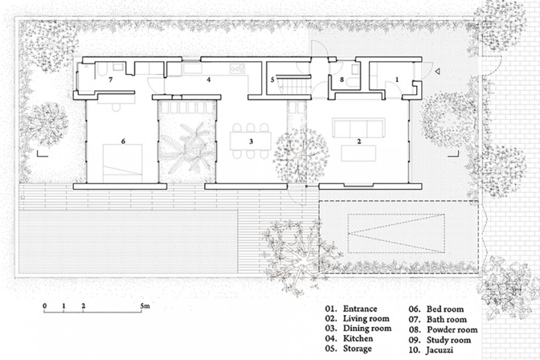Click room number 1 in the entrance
tap(397, 79)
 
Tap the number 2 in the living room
tap(359, 141)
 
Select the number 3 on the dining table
tap(251, 141)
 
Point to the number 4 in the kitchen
tap(209, 80)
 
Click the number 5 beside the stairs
tap(273, 80)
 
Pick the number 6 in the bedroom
tap(123, 141)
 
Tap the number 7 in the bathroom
tap(110, 80)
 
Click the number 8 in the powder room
tap(342, 80)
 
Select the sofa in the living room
tap(358, 127)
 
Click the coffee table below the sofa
tap(358, 153)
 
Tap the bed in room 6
tap(123, 163)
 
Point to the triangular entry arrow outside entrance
tap(437, 71)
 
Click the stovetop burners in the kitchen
tap(237, 68)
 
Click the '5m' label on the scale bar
tap(145, 305)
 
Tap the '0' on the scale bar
tap(45, 306)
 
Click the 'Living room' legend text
tap(366, 318)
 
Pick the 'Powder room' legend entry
tap(452, 330)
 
